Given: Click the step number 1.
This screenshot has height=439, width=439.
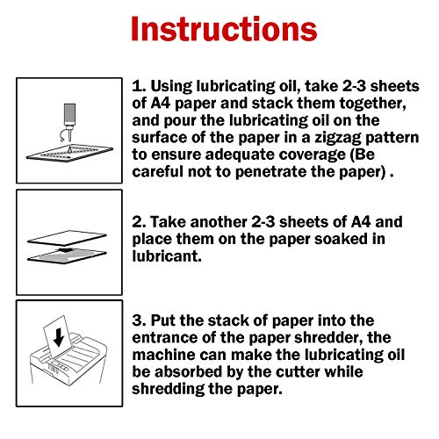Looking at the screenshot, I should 138,89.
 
